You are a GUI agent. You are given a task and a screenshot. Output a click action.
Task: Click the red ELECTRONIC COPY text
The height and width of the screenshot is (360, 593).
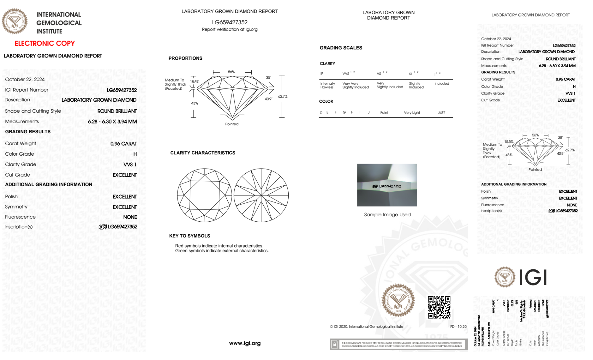(x=45, y=44)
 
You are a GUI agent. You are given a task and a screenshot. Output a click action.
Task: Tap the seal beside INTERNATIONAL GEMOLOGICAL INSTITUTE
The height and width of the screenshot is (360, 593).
(x=15, y=21)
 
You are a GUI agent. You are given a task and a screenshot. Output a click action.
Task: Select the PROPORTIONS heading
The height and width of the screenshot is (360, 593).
(x=185, y=58)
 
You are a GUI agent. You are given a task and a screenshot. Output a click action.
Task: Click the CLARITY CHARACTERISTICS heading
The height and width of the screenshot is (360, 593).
(x=203, y=153)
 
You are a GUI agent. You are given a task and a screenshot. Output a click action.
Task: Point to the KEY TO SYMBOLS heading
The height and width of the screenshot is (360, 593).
(x=190, y=236)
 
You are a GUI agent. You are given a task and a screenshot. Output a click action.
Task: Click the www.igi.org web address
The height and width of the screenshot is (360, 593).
(x=245, y=343)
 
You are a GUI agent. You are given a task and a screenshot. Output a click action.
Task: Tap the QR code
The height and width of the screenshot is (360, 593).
(x=439, y=307)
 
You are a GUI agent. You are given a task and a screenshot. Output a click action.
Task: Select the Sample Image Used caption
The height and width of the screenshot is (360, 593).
(x=387, y=215)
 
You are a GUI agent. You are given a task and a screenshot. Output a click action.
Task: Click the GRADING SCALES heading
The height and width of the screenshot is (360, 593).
(x=341, y=48)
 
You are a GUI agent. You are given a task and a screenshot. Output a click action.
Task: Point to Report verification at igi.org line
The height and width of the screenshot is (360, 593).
(x=230, y=29)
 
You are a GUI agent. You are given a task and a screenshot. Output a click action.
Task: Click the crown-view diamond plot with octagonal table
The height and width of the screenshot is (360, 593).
(x=204, y=195)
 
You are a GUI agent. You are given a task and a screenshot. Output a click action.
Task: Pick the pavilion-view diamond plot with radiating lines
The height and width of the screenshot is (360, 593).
(x=261, y=195)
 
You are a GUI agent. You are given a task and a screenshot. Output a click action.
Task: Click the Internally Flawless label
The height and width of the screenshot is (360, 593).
(x=327, y=85)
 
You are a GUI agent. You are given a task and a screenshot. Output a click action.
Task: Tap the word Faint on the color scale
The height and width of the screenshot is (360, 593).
(x=384, y=113)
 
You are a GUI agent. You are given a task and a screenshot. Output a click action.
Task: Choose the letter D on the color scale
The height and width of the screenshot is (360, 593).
(x=321, y=112)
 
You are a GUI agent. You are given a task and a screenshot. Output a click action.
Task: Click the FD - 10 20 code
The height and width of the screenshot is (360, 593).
(x=458, y=327)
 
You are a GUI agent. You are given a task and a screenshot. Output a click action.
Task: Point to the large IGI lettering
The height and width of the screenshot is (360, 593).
(x=533, y=278)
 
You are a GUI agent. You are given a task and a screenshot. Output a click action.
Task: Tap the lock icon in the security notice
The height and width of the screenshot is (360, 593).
(x=335, y=344)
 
